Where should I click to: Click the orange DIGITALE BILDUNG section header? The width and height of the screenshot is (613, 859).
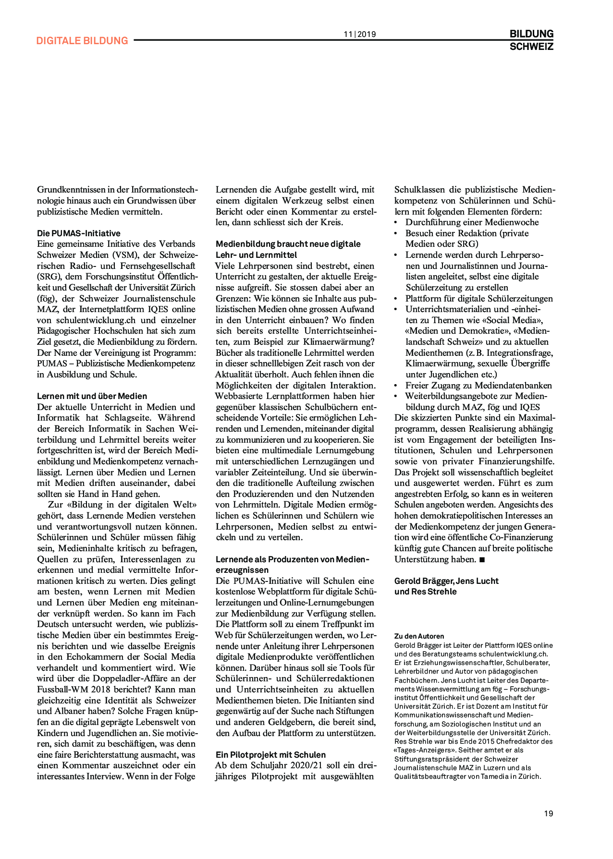tap(82, 41)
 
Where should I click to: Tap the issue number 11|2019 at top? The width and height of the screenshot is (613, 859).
tap(360, 34)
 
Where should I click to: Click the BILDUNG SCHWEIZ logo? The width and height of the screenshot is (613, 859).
tap(531, 40)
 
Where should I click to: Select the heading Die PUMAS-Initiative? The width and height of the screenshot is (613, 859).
tap(79, 233)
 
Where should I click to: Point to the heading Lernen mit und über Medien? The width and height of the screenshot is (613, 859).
tap(92, 396)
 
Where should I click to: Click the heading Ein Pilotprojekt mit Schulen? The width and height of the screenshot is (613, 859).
tap(270, 755)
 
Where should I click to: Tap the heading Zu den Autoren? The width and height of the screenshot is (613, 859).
tap(419, 636)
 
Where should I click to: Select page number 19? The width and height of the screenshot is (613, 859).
tap(548, 813)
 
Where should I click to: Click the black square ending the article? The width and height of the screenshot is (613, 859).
tap(482, 559)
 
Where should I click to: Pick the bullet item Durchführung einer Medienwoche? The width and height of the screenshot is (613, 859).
tap(472, 222)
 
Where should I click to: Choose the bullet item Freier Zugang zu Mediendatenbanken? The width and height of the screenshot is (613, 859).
tap(478, 386)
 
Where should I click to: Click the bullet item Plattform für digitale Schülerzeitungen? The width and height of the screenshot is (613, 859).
tap(479, 299)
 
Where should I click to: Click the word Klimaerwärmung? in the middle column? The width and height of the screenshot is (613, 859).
tap(339, 342)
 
